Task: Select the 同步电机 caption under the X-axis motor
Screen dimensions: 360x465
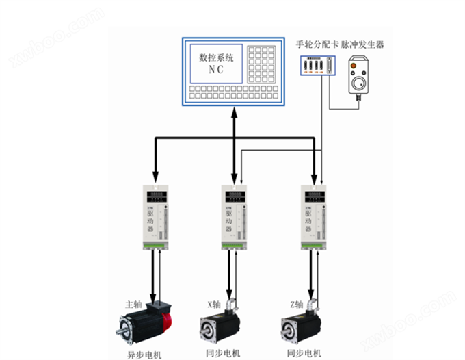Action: pyautogui.click(x=221, y=353)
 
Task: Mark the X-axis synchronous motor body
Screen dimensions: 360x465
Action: pyautogui.click(x=220, y=328)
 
